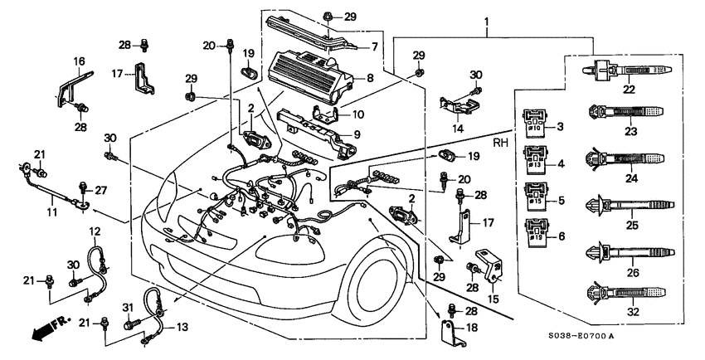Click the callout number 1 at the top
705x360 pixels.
(487, 22)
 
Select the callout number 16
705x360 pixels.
(80, 61)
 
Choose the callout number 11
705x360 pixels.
(51, 212)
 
